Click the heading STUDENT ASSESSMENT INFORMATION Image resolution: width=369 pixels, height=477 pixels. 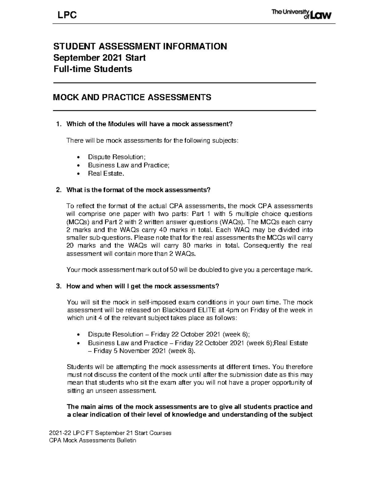pos(140,46)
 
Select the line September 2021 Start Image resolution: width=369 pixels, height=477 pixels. pos(99,57)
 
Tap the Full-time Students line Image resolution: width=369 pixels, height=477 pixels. pos(93,69)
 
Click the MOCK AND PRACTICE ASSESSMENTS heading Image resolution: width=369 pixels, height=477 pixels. pos(132,97)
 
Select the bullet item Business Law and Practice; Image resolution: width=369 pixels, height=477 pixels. pos(129,165)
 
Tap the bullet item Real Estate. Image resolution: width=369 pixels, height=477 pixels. pos(106,174)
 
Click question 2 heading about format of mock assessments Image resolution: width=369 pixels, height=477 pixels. pos(138,190)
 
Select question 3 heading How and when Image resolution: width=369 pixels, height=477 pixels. pos(143,286)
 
